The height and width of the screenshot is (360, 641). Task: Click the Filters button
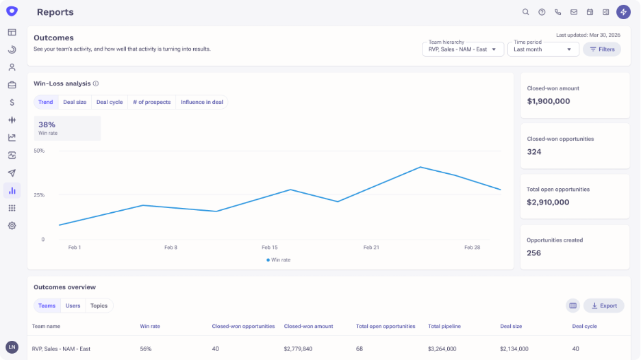[602, 49]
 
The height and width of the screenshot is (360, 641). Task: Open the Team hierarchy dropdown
[463, 49]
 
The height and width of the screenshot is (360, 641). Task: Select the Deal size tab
[75, 102]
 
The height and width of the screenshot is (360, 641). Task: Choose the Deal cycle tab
[110, 102]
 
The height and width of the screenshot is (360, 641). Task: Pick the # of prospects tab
[151, 102]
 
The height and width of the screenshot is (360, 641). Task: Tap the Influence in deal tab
[202, 102]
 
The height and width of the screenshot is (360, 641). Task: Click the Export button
[604, 306]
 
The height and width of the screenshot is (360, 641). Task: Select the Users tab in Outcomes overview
[73, 306]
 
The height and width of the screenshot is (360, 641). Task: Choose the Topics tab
[99, 306]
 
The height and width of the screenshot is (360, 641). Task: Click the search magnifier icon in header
[526, 12]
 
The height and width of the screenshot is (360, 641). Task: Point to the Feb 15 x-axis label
[270, 247]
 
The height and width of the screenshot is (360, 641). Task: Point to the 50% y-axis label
[39, 151]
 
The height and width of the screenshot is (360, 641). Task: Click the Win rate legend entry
[279, 260]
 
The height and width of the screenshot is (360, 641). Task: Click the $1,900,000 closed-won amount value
[549, 101]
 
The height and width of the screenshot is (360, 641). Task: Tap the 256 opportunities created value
[534, 253]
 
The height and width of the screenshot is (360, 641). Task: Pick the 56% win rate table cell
[146, 349]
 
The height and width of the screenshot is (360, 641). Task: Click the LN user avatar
[12, 347]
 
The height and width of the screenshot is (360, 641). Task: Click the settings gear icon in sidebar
[12, 226]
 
